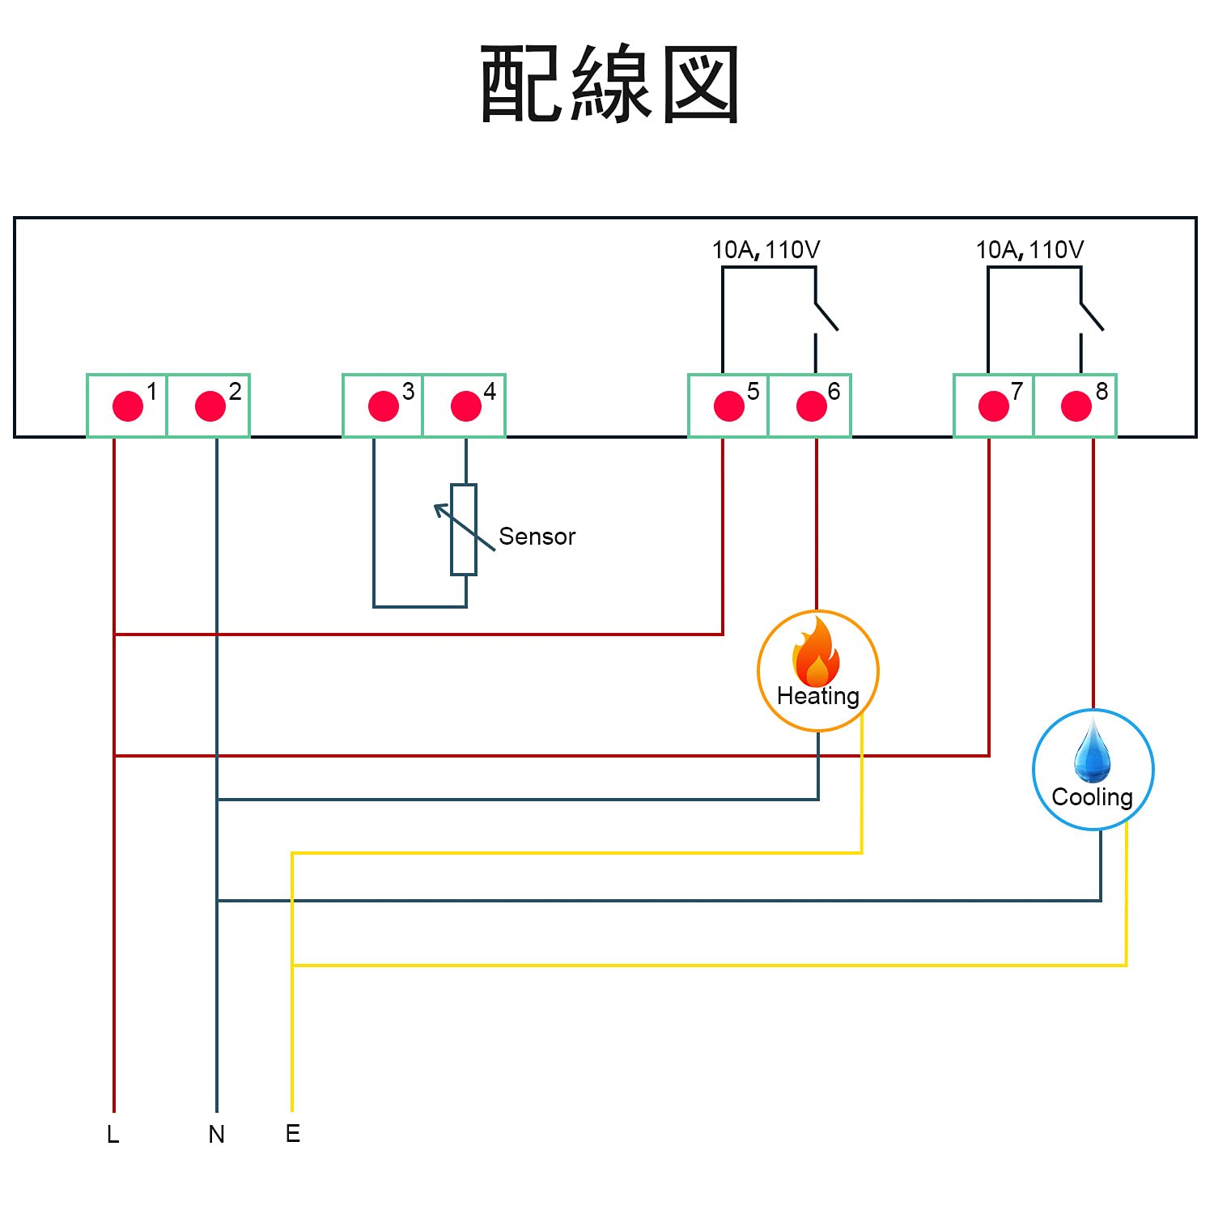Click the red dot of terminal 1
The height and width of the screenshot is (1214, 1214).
coord(128,406)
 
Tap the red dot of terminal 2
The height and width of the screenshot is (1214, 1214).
coord(210,406)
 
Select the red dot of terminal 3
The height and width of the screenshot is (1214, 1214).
coord(384,406)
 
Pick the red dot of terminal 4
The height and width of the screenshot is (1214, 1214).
coord(466,406)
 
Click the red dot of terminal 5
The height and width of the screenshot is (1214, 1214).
coord(729,406)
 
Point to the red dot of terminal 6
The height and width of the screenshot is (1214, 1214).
coord(812,406)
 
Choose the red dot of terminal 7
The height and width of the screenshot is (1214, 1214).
coord(994,406)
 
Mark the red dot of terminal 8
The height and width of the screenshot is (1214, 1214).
coord(1076,406)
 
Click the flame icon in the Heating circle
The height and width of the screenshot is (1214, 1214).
coord(817,652)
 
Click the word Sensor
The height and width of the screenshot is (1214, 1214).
coord(537,537)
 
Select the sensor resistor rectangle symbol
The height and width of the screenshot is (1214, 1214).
coord(464,530)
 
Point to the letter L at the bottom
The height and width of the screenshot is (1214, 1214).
coord(112,1135)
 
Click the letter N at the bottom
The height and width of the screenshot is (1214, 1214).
coord(216,1135)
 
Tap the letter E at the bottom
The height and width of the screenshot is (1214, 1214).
coord(293,1134)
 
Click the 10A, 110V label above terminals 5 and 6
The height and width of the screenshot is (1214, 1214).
coord(766,250)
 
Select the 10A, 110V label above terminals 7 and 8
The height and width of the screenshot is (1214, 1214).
coord(1029,250)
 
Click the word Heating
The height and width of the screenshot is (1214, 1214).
coord(818,697)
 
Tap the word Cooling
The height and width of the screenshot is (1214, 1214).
coord(1093,798)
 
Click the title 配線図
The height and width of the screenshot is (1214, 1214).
coord(609,84)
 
